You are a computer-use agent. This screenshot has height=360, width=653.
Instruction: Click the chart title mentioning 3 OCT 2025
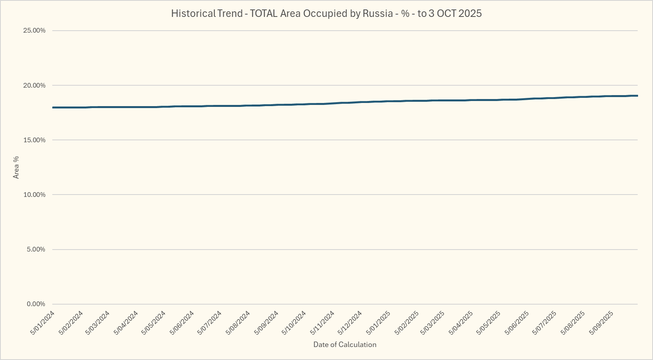(x=326, y=13)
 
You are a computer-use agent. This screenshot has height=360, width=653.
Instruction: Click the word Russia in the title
(x=377, y=13)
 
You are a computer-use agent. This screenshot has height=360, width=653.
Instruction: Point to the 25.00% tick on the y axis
(x=35, y=31)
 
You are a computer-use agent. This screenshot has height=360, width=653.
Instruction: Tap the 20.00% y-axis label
(x=35, y=85)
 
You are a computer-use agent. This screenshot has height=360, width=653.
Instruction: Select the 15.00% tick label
(x=35, y=140)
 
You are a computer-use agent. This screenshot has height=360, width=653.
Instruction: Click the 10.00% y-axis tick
(x=35, y=195)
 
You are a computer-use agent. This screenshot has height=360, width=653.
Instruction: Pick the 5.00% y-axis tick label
(x=36, y=249)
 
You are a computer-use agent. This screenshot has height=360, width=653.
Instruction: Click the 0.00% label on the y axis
(x=36, y=304)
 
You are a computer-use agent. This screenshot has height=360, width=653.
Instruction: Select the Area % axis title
(x=16, y=167)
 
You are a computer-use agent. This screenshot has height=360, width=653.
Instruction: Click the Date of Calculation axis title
(x=345, y=345)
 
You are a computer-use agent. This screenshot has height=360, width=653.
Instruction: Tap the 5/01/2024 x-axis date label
(x=42, y=323)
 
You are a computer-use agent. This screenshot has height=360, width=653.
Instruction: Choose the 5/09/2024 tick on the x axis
(x=267, y=323)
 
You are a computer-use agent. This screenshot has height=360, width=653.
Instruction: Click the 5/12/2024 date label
(x=350, y=323)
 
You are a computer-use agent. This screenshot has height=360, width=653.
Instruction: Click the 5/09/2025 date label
(x=601, y=323)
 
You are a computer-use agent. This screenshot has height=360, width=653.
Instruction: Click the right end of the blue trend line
(x=637, y=96)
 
